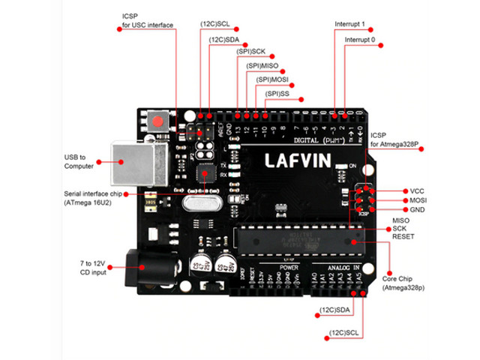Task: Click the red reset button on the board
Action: (157, 121)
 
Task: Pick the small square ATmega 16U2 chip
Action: (204, 173)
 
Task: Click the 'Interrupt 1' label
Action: (350, 24)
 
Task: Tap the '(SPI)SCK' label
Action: (250, 52)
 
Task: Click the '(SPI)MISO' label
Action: (262, 66)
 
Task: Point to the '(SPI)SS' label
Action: (277, 93)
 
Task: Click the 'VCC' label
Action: (418, 190)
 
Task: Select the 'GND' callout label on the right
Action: (418, 210)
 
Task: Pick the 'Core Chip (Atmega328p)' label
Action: (403, 282)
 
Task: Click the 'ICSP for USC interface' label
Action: (147, 21)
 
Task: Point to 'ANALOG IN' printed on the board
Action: (342, 267)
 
